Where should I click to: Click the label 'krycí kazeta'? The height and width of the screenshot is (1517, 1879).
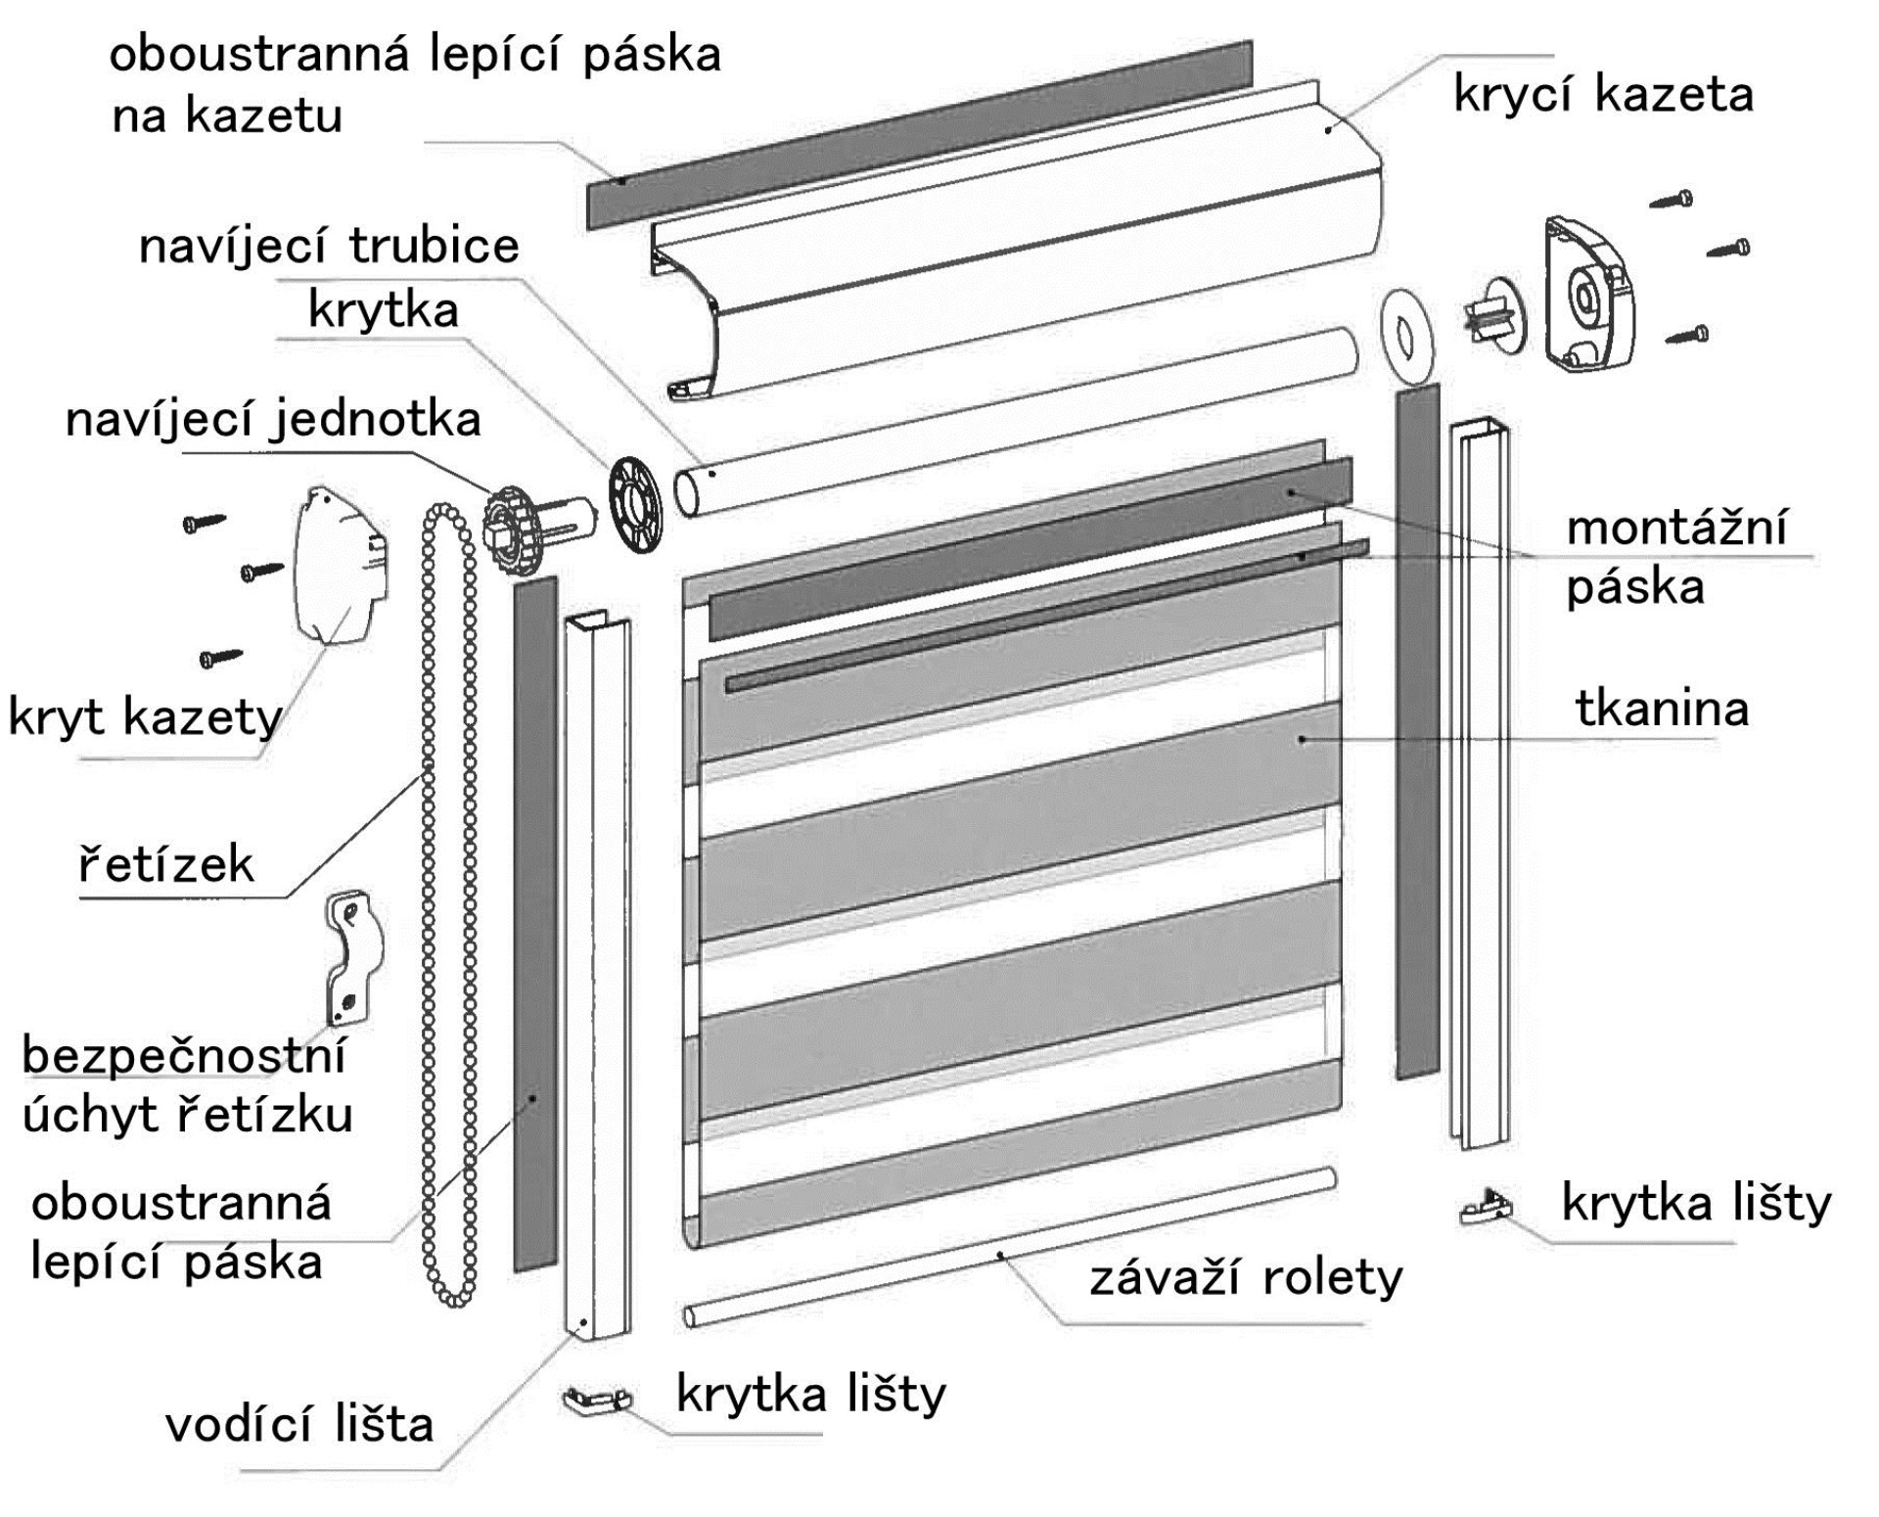[x=1603, y=96]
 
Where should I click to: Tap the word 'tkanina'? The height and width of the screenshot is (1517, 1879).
[x=1662, y=709]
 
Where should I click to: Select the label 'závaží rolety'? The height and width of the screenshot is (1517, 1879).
[x=1246, y=1278]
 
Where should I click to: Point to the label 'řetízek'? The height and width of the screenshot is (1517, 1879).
[x=165, y=864]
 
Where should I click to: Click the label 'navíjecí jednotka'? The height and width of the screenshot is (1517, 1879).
[x=273, y=420]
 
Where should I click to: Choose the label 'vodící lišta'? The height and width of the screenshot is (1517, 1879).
[x=299, y=1425]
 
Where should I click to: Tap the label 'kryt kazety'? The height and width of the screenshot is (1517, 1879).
[x=145, y=717]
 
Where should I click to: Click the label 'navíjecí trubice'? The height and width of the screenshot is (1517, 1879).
[x=329, y=246]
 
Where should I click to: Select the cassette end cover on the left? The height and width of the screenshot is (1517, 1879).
[x=339, y=566]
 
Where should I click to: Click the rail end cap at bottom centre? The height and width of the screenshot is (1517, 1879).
[x=596, y=1400]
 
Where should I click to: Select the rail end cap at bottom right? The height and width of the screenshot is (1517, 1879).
[x=1485, y=1210]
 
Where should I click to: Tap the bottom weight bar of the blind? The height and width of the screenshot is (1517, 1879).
[x=1008, y=1248]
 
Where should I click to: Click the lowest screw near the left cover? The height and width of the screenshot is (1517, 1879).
[x=220, y=658]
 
